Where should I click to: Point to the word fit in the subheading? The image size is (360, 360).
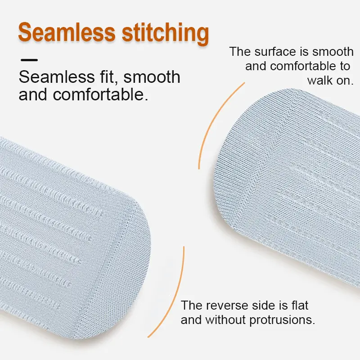[108, 77]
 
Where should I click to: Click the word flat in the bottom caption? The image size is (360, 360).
[298, 306]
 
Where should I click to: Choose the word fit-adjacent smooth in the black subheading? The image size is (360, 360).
[152, 77]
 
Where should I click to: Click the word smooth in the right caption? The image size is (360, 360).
[331, 51]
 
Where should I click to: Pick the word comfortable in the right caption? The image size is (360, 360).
[297, 66]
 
